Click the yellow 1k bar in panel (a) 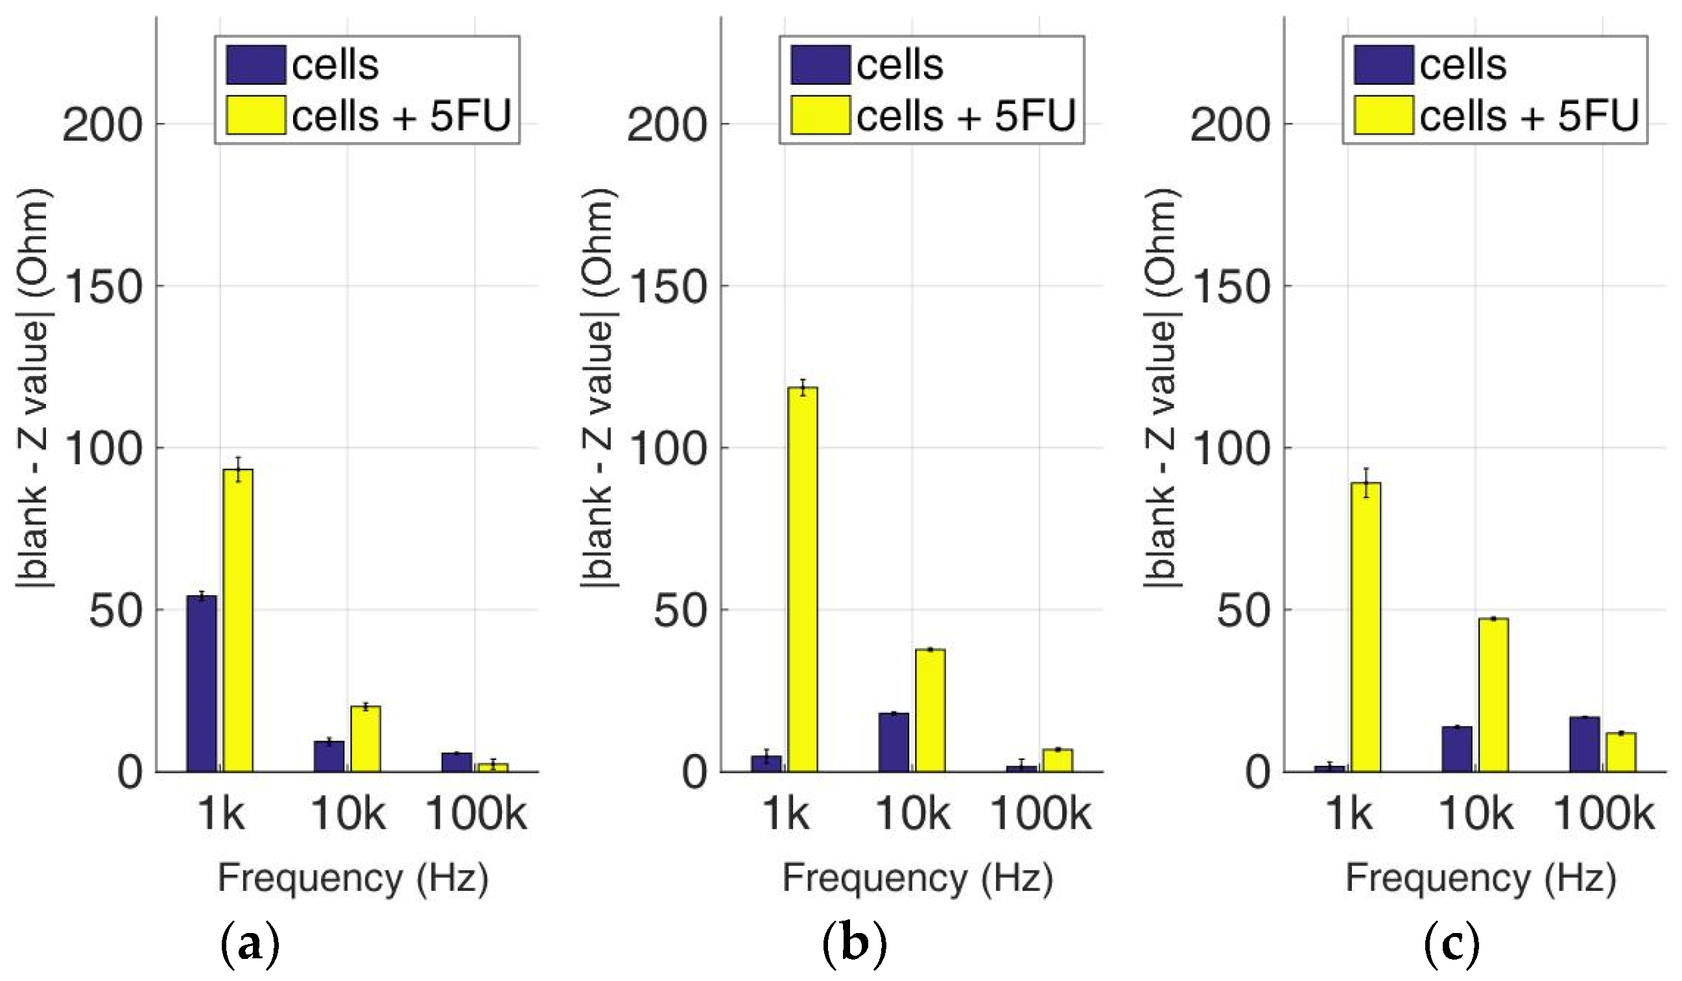pyautogui.click(x=237, y=621)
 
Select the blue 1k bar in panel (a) pyautogui.click(x=202, y=684)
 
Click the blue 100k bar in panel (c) pyautogui.click(x=1585, y=745)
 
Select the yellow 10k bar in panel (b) pyautogui.click(x=930, y=711)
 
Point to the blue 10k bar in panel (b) pyautogui.click(x=894, y=743)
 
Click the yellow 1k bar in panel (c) pyautogui.click(x=1366, y=627)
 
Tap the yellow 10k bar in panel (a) pyautogui.click(x=366, y=739)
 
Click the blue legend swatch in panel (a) pyautogui.click(x=255, y=65)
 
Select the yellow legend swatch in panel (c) pyautogui.click(x=1384, y=115)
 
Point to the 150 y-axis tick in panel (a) pyautogui.click(x=104, y=287)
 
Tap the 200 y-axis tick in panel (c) pyautogui.click(x=1230, y=124)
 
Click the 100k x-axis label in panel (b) pyautogui.click(x=1041, y=814)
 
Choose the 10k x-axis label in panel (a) pyautogui.click(x=348, y=814)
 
